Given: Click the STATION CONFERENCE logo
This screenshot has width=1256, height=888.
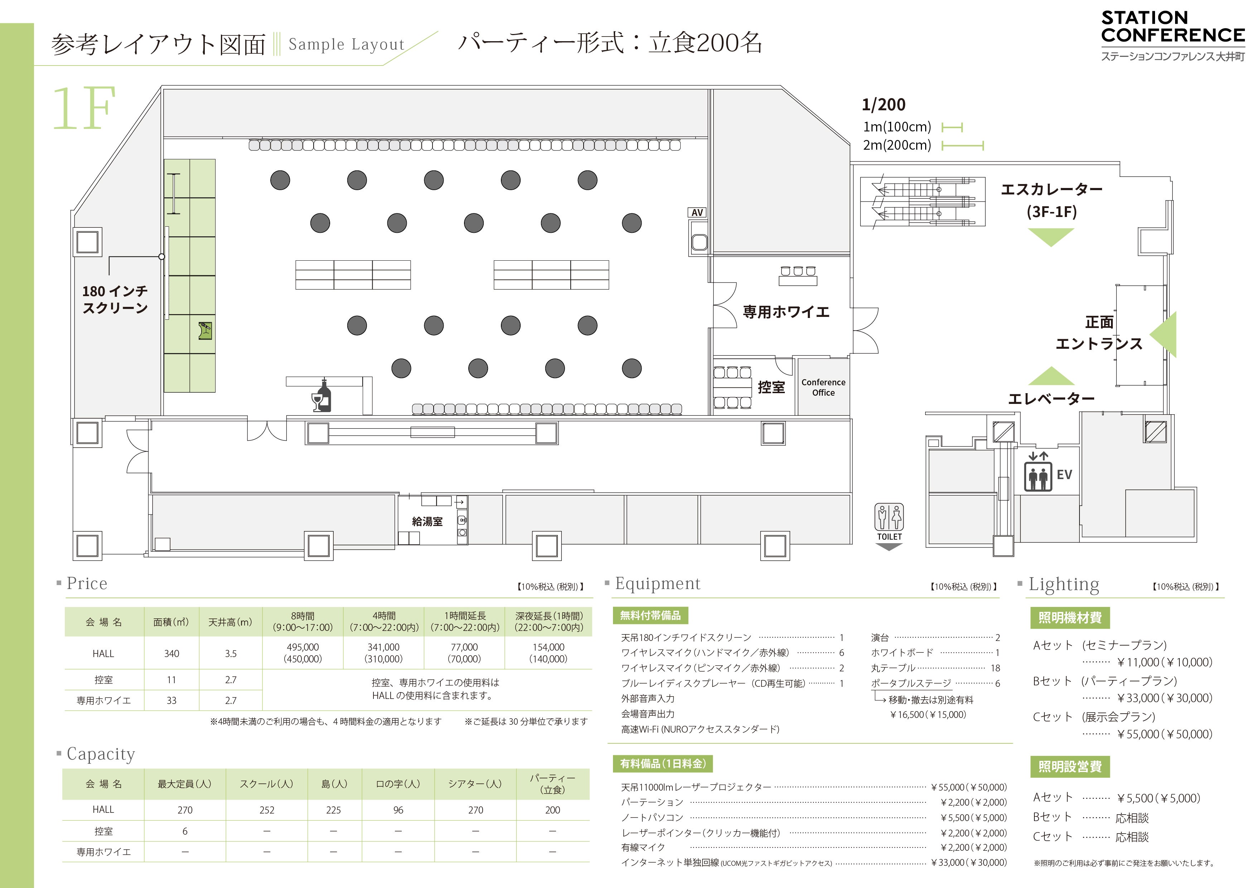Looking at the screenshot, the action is pos(1173,35).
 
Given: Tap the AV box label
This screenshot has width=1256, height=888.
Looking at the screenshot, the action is pos(697,212).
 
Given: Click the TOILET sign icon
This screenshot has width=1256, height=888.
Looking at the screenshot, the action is pos(889,522).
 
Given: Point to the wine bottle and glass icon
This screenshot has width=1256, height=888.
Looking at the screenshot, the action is pos(321,396).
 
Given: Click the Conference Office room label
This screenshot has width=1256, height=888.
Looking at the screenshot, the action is pos(823,387).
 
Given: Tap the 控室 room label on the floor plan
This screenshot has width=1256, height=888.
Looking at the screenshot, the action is pos(771,387).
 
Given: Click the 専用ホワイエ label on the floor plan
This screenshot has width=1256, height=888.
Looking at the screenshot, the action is pos(786,312).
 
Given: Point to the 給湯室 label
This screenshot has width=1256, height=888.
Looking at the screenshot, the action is pos(427,521).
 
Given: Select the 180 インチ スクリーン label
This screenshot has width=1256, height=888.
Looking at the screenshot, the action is pos(115,299).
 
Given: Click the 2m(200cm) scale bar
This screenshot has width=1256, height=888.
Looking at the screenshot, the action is pos(963,145).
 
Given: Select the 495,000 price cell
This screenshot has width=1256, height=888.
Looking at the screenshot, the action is pos(303,653).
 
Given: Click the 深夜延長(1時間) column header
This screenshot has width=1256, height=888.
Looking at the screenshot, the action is pos(549,622).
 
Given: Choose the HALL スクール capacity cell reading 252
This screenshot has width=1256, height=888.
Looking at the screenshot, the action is pos(267,810).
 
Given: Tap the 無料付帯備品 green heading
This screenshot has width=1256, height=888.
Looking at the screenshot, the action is pos(651,616).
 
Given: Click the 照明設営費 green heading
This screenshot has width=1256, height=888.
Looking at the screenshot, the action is pos(1070,767).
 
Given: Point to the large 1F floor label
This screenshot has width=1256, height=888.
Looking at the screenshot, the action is pos(84,108).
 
